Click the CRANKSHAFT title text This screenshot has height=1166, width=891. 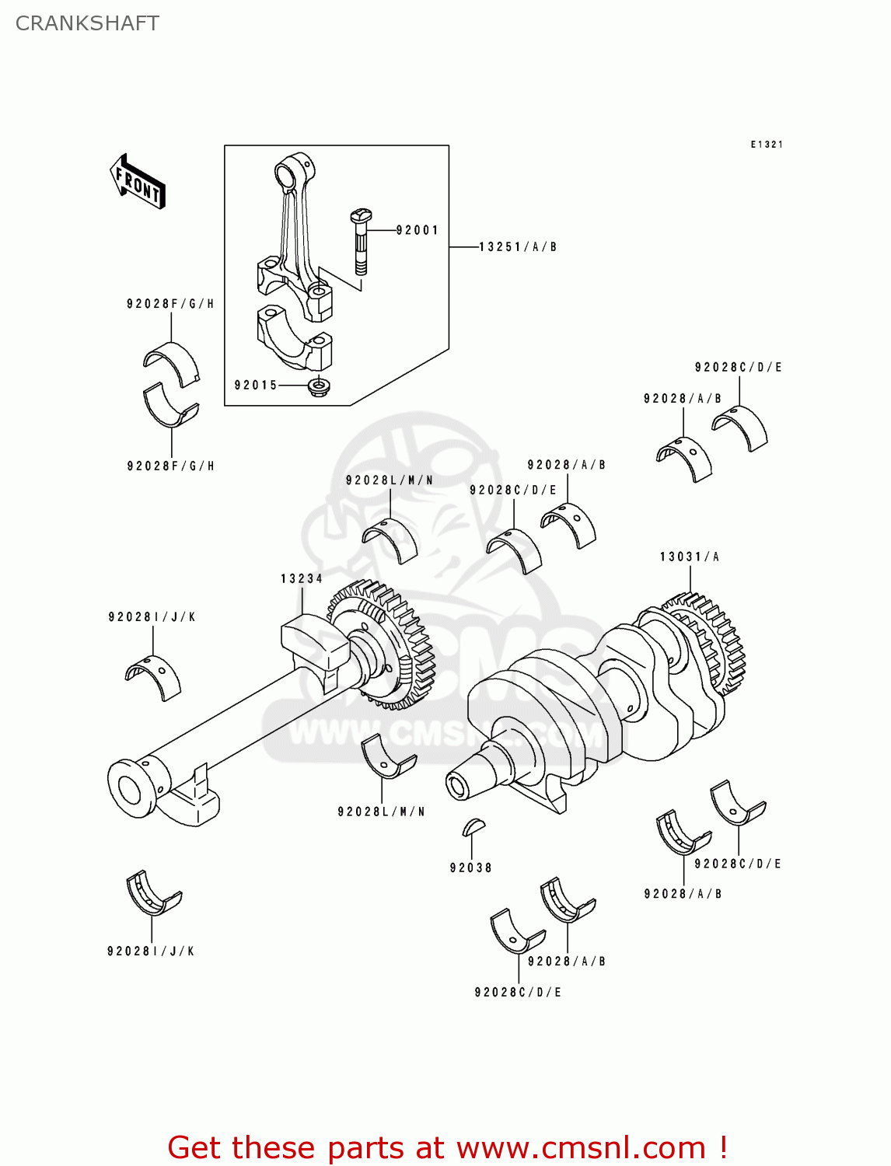click(87, 23)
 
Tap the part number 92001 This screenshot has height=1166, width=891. click(418, 230)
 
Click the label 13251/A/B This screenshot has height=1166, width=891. click(518, 247)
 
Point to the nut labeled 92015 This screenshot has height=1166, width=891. click(317, 386)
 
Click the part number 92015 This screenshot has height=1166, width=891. click(256, 386)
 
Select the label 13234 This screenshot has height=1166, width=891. click(302, 578)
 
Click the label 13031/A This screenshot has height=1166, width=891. click(690, 557)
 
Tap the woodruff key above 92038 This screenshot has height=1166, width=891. click(473, 826)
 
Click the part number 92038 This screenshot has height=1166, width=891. click(471, 868)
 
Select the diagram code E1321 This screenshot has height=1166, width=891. click(767, 145)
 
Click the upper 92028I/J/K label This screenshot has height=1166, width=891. click(152, 617)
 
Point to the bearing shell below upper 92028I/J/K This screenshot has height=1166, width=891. click(153, 676)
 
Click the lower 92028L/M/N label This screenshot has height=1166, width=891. click(381, 812)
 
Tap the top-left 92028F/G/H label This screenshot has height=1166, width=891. click(170, 304)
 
